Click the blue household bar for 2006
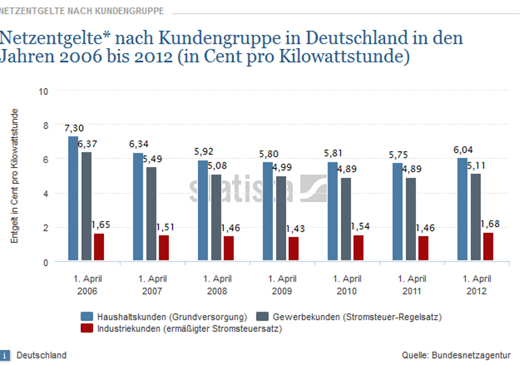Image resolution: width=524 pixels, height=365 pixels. (73, 198)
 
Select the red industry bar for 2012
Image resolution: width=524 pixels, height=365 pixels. (488, 247)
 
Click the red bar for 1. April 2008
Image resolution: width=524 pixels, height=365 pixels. (229, 248)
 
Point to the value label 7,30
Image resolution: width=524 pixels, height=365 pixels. (74, 128)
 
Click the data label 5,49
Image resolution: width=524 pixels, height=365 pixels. (153, 159)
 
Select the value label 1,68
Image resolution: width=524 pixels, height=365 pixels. (490, 224)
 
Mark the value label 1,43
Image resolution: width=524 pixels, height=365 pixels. (295, 228)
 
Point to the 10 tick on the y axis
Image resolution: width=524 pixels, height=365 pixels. (43, 91)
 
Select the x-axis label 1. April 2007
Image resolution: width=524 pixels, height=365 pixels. (152, 285)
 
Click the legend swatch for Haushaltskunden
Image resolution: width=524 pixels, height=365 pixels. (86, 317)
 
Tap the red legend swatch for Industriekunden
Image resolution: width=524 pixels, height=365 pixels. (86, 329)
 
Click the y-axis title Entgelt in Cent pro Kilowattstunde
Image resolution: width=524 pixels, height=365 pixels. (16, 175)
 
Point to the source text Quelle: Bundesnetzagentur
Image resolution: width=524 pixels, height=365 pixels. (456, 355)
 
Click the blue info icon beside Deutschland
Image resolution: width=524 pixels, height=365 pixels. (5, 356)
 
